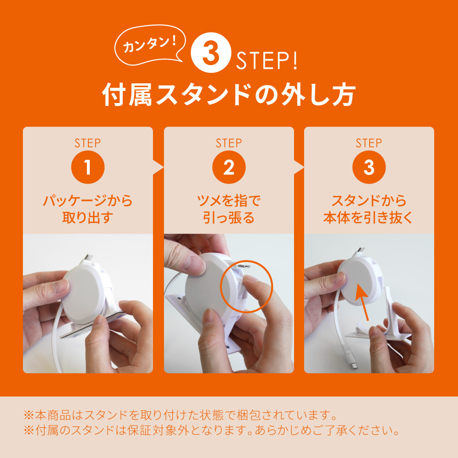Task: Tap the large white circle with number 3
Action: tap(211, 53)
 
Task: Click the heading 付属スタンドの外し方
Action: tap(229, 95)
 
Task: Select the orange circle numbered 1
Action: tap(87, 167)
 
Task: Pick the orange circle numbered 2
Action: tap(229, 167)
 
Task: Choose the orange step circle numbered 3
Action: tap(369, 167)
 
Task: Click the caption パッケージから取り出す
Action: tap(87, 209)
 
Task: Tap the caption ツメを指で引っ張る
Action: tap(229, 209)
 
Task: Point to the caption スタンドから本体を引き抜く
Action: tap(368, 209)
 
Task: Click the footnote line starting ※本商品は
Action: tap(180, 415)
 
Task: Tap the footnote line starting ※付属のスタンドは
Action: tap(212, 430)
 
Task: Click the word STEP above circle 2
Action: tap(229, 143)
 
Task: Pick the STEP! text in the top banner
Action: tap(267, 60)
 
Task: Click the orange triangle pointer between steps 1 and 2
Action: tap(158, 167)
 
